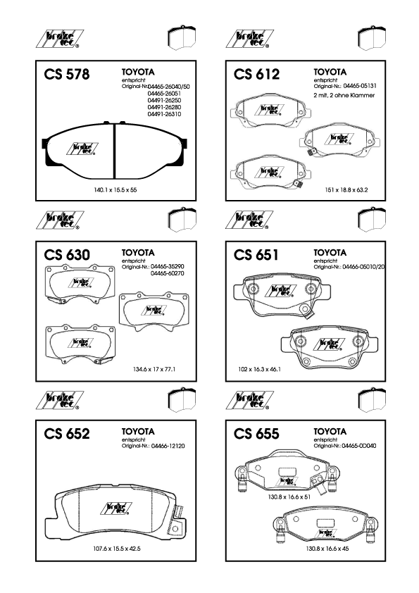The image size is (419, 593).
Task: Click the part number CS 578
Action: pyautogui.click(x=67, y=74)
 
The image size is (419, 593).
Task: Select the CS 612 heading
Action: pyautogui.click(x=256, y=74)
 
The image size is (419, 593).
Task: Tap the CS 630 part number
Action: pyautogui.click(x=67, y=254)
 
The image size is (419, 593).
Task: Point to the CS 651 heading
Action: pyautogui.click(x=256, y=254)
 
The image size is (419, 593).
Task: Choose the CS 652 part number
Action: pyautogui.click(x=67, y=433)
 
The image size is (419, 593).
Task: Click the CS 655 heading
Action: pyautogui.click(x=256, y=433)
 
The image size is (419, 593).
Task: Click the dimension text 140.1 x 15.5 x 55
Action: pyautogui.click(x=115, y=190)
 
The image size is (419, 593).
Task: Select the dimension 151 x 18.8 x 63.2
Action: pyautogui.click(x=346, y=190)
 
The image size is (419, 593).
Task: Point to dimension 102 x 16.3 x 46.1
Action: pyautogui.click(x=259, y=369)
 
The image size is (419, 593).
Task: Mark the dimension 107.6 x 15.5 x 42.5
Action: pyautogui.click(x=117, y=549)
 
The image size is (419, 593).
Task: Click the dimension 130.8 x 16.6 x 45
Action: pyautogui.click(x=327, y=549)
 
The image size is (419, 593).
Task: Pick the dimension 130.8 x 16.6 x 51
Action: pyautogui.click(x=289, y=497)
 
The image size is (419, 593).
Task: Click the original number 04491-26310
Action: pyautogui.click(x=164, y=114)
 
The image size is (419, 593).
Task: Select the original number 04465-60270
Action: pyautogui.click(x=168, y=273)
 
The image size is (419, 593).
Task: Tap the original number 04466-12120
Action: pyautogui.click(x=168, y=447)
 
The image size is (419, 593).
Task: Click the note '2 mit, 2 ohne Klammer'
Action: pyautogui.click(x=344, y=95)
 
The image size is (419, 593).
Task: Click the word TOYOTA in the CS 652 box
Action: pyautogui.click(x=138, y=432)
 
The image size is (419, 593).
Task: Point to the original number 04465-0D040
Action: pyautogui.click(x=359, y=446)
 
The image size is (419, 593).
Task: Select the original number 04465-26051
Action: pyautogui.click(x=164, y=94)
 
